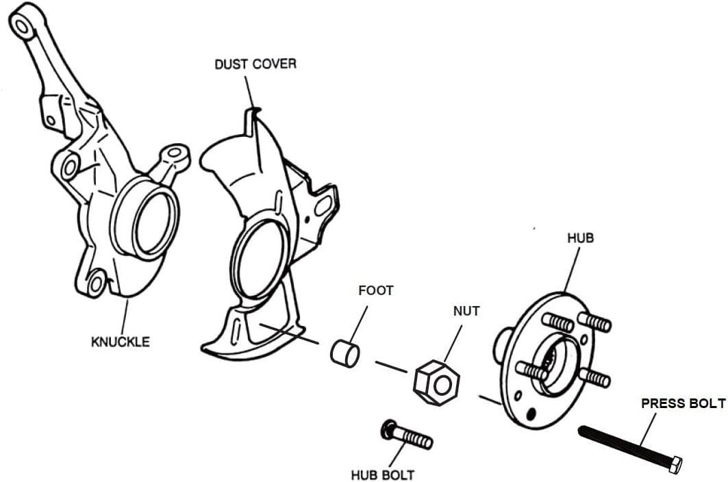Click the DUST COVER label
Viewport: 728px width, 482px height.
tap(255, 64)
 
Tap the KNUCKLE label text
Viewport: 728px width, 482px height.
tap(120, 341)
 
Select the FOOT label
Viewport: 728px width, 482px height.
tap(376, 290)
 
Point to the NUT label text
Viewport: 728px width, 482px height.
tap(466, 311)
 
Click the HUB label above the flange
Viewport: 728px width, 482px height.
tap(580, 238)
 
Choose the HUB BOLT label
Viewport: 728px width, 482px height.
tap(382, 474)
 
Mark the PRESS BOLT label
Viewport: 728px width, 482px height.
tap(682, 403)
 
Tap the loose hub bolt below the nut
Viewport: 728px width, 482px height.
tap(407, 435)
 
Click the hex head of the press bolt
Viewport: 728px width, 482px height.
tap(674, 465)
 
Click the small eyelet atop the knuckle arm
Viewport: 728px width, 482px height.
tap(22, 26)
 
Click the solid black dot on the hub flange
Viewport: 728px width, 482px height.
tap(532, 413)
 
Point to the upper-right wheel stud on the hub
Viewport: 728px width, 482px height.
tap(594, 321)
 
